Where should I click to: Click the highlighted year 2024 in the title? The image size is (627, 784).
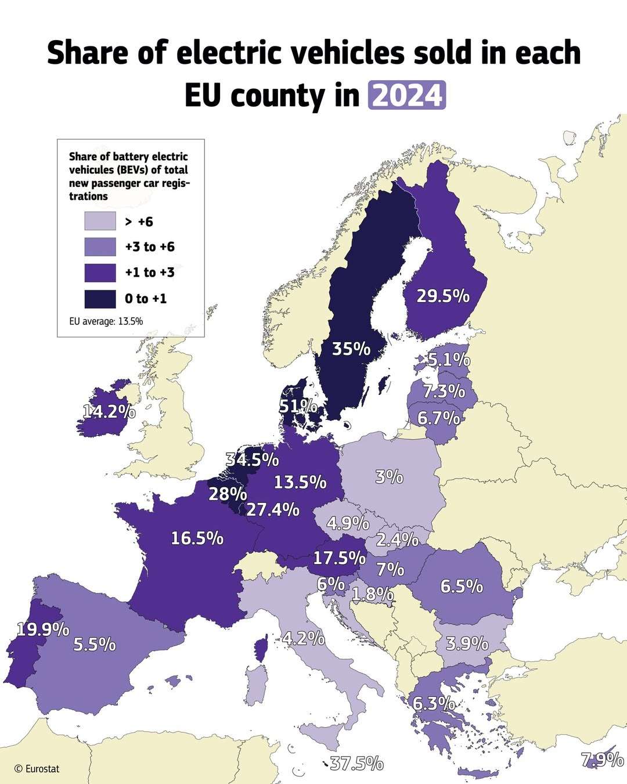click(x=406, y=95)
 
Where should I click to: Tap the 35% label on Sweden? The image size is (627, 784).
click(x=351, y=349)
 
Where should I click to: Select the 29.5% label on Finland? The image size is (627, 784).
click(x=443, y=296)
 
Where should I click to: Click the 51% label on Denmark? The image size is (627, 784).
click(x=298, y=407)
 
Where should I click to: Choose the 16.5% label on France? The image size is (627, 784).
click(x=197, y=538)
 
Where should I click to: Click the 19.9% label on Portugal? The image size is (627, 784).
click(x=42, y=630)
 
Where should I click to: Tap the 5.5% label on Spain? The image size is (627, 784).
click(x=94, y=645)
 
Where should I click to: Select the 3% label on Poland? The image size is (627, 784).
click(x=389, y=477)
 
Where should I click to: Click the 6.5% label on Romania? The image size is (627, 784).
click(x=462, y=586)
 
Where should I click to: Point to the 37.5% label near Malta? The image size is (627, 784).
click(x=356, y=763)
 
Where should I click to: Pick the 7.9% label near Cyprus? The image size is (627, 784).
click(x=603, y=760)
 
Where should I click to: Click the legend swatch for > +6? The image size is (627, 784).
click(x=100, y=221)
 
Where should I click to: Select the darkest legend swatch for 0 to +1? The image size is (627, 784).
click(x=100, y=299)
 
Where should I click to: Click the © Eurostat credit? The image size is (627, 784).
click(x=37, y=768)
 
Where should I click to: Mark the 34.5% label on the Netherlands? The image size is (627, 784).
click(x=252, y=459)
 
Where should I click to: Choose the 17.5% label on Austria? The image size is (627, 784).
click(x=339, y=558)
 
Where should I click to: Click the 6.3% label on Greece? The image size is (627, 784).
click(x=434, y=704)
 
